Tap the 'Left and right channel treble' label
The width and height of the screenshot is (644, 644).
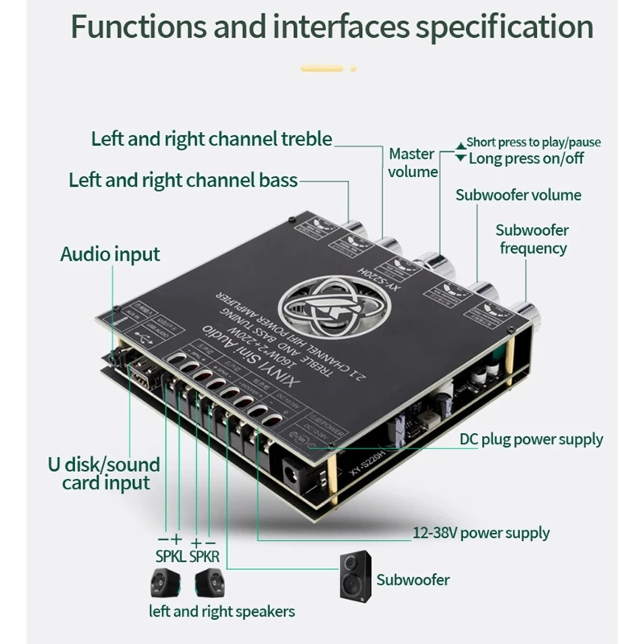(x=211, y=139)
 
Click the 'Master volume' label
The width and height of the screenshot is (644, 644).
(x=412, y=162)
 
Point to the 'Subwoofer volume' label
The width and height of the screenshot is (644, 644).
(x=518, y=194)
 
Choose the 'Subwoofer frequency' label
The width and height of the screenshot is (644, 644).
(x=532, y=238)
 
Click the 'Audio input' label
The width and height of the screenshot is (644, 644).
(x=110, y=255)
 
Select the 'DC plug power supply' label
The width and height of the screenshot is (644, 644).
(x=530, y=440)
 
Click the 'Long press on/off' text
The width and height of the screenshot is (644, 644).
(x=526, y=158)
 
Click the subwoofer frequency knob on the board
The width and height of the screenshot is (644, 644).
(x=529, y=312)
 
